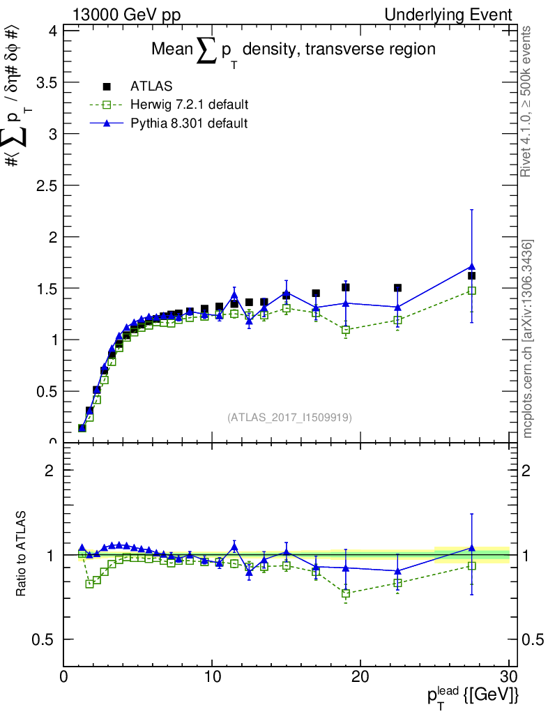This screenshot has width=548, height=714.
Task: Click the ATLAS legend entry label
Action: pyautogui.click(x=151, y=86)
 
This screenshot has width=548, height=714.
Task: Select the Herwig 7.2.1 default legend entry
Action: pyautogui.click(x=189, y=105)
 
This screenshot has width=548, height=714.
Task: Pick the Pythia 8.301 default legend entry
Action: pyautogui.click(x=188, y=123)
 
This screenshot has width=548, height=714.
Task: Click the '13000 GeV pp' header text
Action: pyautogui.click(x=118, y=15)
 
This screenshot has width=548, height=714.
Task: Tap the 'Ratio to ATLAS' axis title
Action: pyautogui.click(x=22, y=554)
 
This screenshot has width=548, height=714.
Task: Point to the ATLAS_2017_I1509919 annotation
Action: pyautogui.click(x=289, y=418)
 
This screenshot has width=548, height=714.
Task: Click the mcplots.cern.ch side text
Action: pyautogui.click(x=528, y=340)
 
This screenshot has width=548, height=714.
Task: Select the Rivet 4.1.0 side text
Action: pyautogui.click(x=528, y=101)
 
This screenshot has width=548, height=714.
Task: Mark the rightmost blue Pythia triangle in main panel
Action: pyautogui.click(x=472, y=266)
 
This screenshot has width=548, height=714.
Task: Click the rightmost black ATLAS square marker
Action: pyautogui.click(x=472, y=275)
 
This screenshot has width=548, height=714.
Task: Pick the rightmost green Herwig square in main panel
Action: pyautogui.click(x=472, y=291)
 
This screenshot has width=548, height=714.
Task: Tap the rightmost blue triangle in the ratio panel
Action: pyautogui.click(x=472, y=548)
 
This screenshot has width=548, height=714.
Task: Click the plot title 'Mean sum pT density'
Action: pyautogui.click(x=294, y=50)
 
